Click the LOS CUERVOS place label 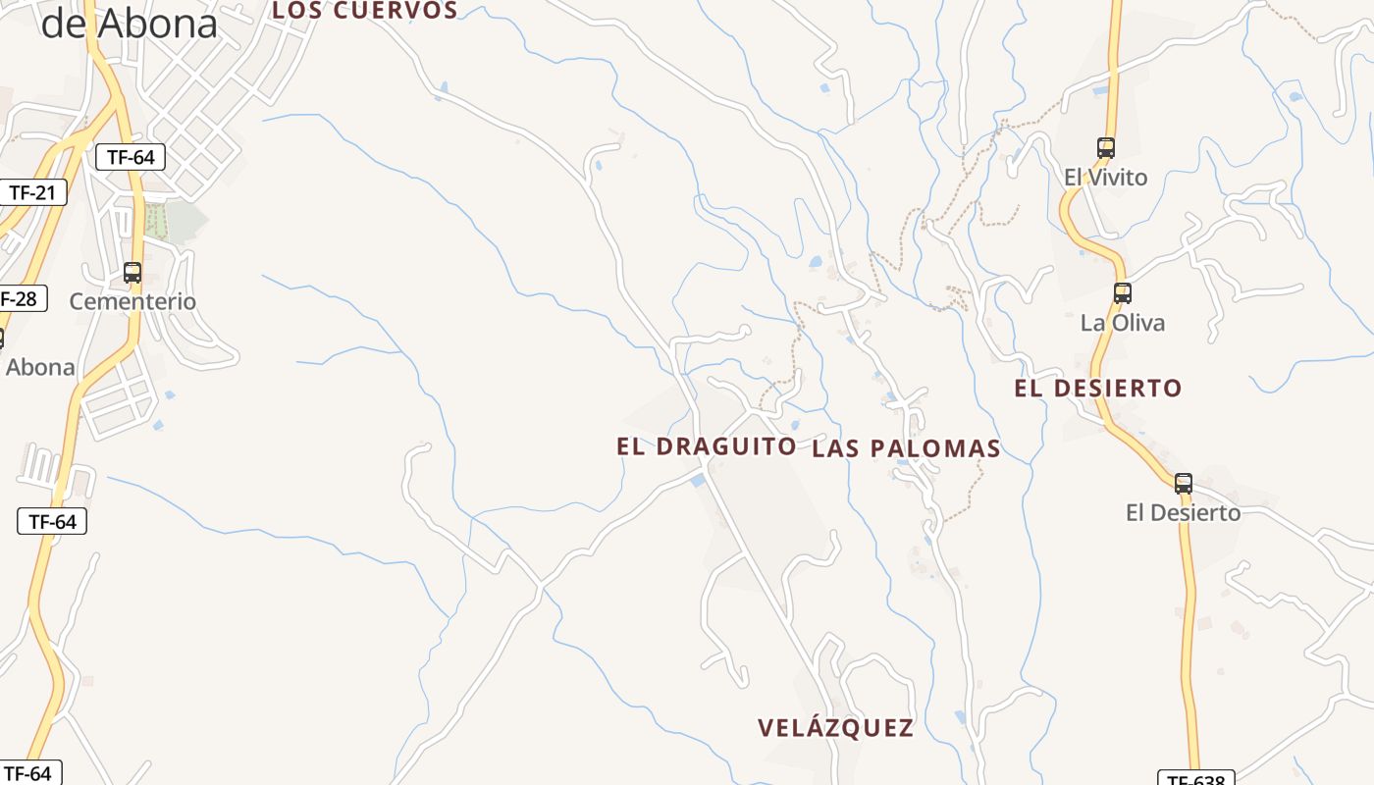[x=364, y=10]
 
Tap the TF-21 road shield [x=32, y=192]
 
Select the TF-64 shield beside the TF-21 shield [x=130, y=157]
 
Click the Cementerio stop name [x=132, y=301]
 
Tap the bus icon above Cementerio [x=132, y=273]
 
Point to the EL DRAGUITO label [x=706, y=445]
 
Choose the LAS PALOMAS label [x=906, y=448]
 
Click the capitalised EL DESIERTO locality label [x=1097, y=389]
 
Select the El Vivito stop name [x=1105, y=178]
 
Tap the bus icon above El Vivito [x=1106, y=148]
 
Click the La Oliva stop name [x=1122, y=323]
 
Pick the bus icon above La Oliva [x=1122, y=292]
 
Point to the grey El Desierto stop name [x=1183, y=512]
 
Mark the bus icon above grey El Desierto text [x=1184, y=483]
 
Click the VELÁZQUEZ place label [x=835, y=728]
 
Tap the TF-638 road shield [x=1194, y=779]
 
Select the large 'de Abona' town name [x=129, y=25]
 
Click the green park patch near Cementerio [x=172, y=221]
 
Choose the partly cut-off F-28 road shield [x=22, y=298]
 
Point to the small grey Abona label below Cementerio [x=40, y=367]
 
